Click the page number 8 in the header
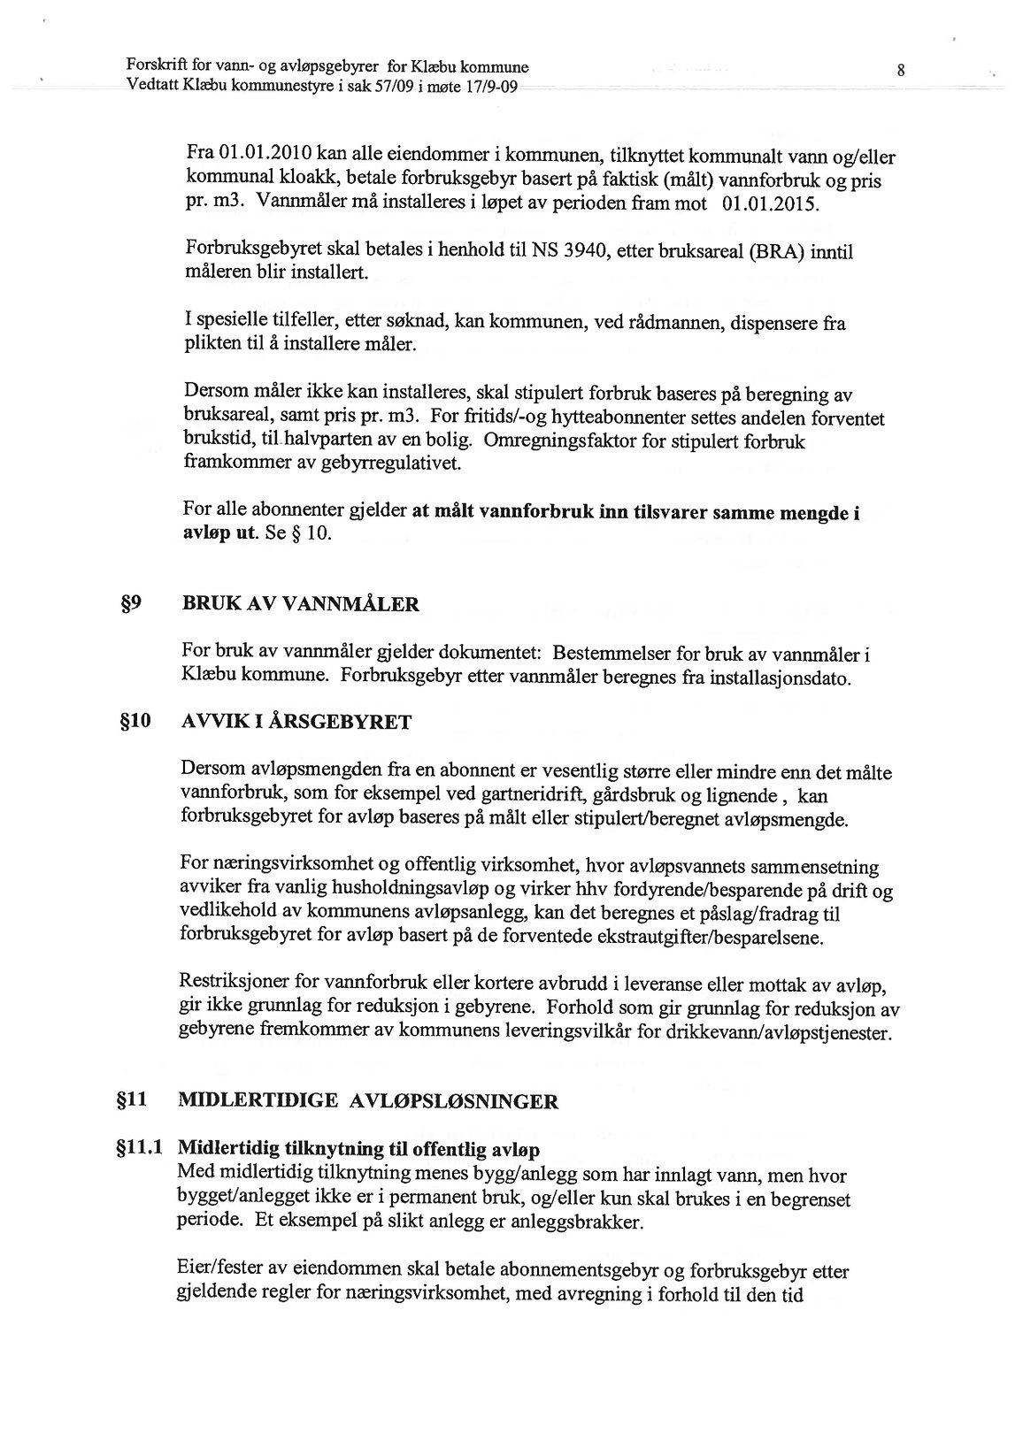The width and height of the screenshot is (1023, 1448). pyautogui.click(x=899, y=72)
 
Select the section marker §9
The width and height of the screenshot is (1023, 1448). pyautogui.click(x=144, y=604)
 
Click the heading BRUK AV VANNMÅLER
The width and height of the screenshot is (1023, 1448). pyautogui.click(x=301, y=605)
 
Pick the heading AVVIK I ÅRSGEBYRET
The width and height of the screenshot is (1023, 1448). pyautogui.click(x=296, y=722)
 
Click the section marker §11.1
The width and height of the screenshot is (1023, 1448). pyautogui.click(x=141, y=1149)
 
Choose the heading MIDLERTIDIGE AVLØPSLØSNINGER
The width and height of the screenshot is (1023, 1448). pyautogui.click(x=368, y=1101)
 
